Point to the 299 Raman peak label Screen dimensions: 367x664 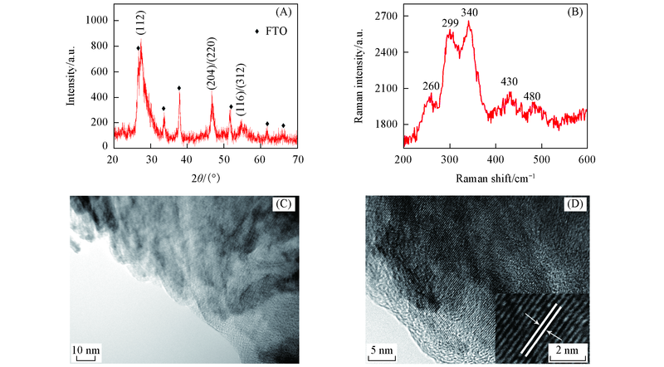click(x=449, y=24)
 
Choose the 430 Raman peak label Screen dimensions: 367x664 click(x=509, y=81)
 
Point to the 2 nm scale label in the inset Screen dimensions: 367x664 click(x=565, y=350)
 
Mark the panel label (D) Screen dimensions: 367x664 click(x=574, y=205)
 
